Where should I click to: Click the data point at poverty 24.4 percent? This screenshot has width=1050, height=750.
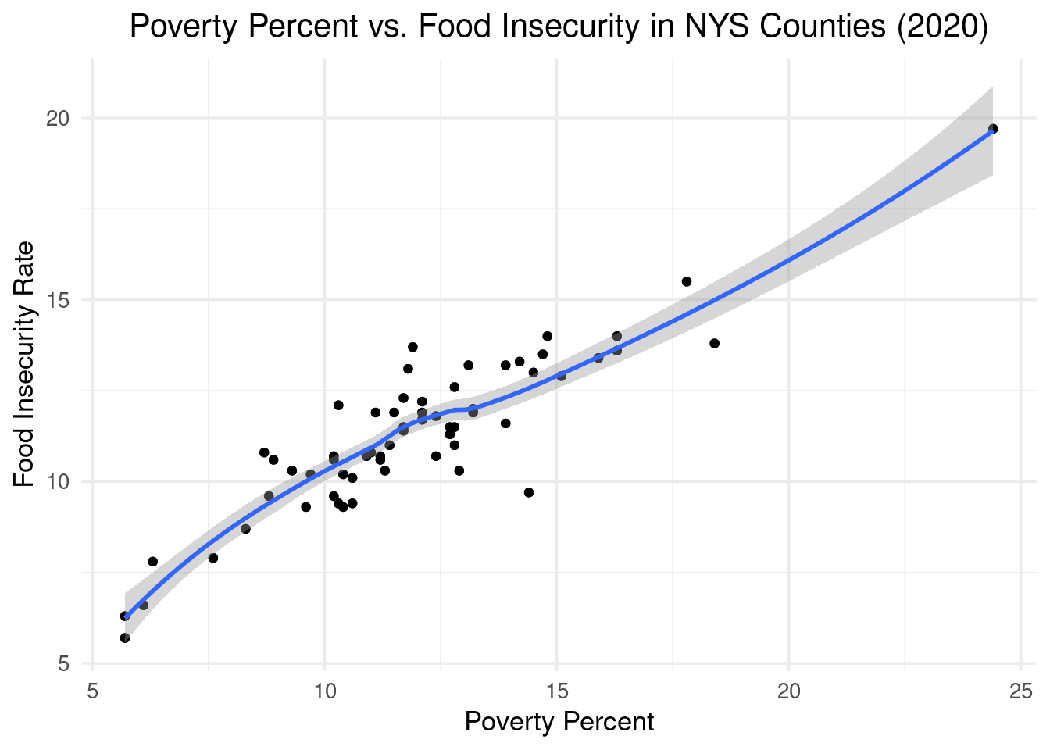993,129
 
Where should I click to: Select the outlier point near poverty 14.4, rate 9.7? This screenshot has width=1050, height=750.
529,492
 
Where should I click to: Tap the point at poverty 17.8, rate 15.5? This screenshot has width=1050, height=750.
687,281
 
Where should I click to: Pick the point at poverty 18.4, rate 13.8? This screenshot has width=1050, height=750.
714,343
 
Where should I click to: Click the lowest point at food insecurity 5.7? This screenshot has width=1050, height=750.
125,637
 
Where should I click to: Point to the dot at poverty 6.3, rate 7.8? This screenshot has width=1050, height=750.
152,562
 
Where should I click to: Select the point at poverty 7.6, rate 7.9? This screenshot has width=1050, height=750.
212,558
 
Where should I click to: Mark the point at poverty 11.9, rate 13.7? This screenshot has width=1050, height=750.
412,347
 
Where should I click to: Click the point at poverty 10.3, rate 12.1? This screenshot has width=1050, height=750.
338,405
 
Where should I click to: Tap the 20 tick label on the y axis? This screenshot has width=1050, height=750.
58,119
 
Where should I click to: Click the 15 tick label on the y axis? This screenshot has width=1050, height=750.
58,300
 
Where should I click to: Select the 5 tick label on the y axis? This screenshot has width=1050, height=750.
64,663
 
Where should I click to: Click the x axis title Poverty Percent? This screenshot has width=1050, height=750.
559,722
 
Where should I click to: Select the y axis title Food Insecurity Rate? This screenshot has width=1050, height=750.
25,363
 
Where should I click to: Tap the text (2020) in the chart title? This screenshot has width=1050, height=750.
942,27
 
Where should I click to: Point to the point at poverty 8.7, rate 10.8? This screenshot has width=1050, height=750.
264,452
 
